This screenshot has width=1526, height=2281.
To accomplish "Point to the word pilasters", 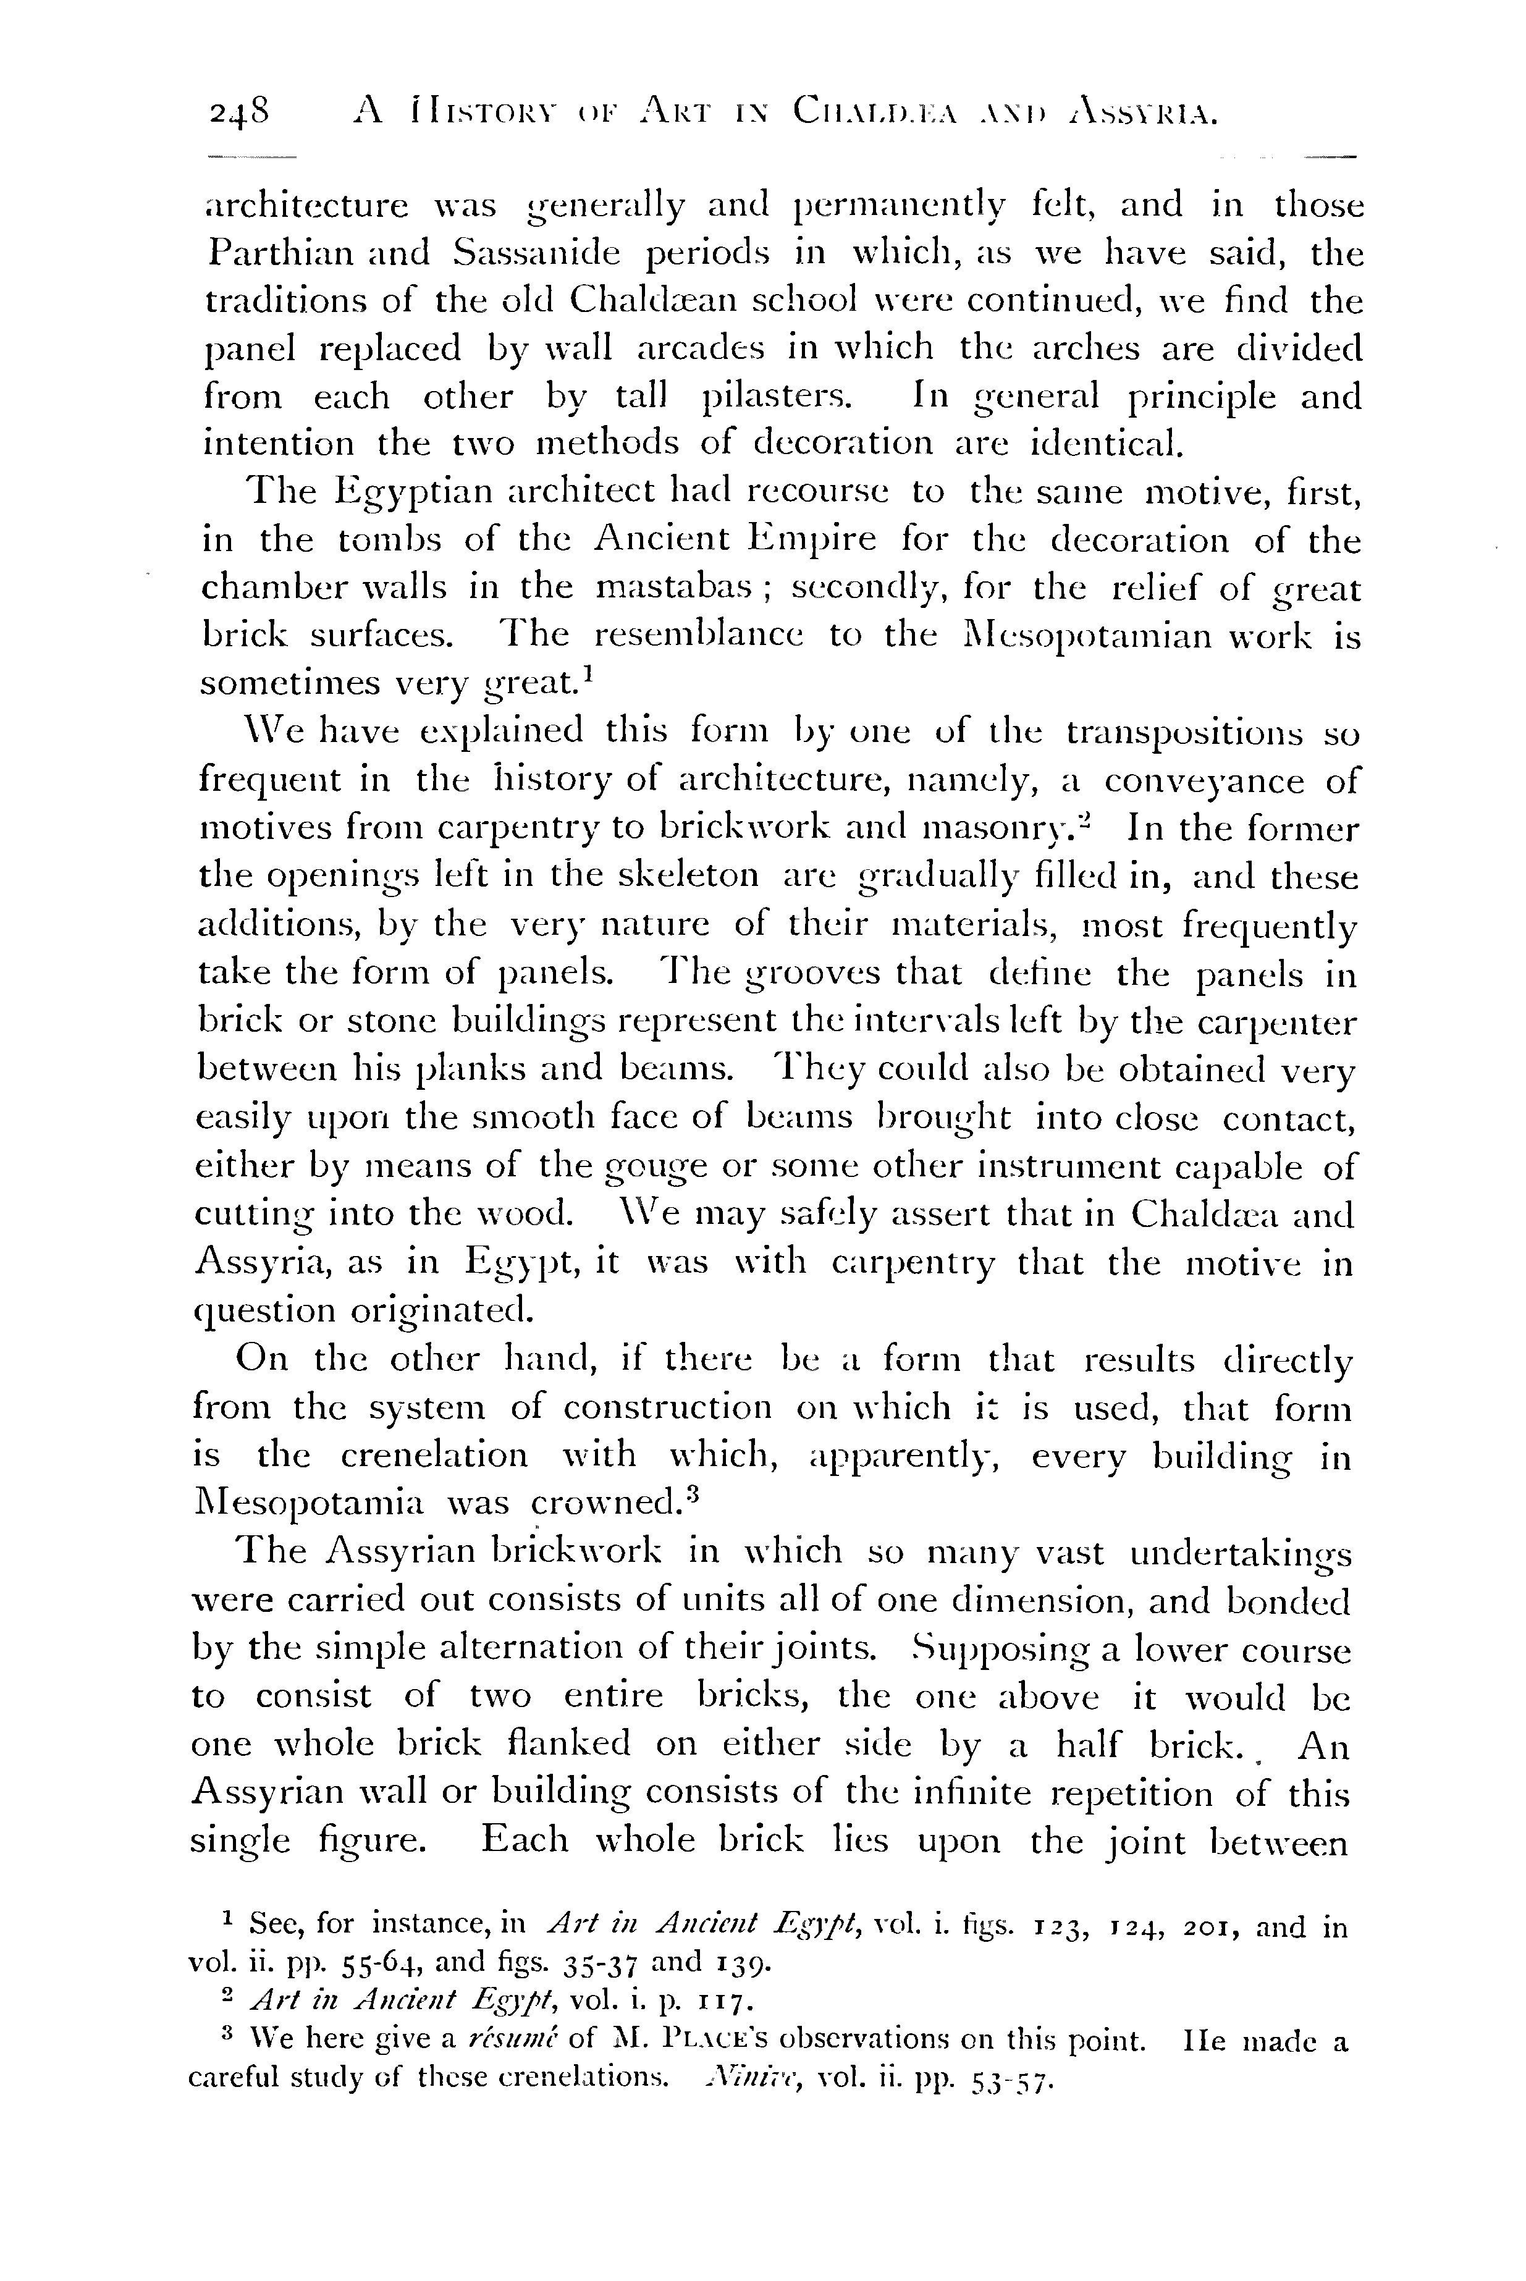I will (x=775, y=397).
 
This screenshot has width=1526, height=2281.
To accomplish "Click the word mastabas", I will (x=670, y=588).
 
